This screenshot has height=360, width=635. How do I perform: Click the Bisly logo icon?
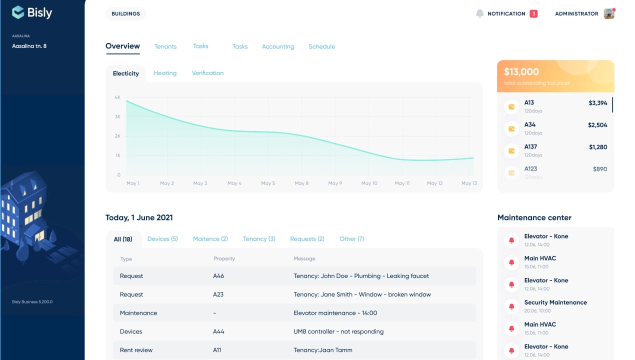click(18, 12)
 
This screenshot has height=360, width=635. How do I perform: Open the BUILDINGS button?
click(125, 13)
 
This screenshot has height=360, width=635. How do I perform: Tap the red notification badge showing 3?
click(533, 13)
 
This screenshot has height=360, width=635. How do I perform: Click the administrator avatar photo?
click(609, 13)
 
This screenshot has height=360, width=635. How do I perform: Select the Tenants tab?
click(165, 46)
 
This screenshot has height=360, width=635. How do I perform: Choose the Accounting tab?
click(278, 46)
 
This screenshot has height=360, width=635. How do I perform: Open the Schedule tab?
click(322, 46)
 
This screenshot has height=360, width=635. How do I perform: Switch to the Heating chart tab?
click(165, 73)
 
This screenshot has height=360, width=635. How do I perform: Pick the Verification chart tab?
click(207, 73)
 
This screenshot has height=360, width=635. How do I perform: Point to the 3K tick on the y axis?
click(117, 117)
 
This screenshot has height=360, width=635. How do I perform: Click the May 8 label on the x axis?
click(301, 183)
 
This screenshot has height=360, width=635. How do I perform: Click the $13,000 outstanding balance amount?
click(521, 71)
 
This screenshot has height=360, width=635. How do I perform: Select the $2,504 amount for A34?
click(597, 125)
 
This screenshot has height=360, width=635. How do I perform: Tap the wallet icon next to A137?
click(511, 151)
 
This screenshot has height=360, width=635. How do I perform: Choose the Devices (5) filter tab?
click(162, 239)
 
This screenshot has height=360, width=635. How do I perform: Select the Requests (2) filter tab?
click(307, 239)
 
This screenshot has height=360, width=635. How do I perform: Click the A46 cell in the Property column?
click(218, 276)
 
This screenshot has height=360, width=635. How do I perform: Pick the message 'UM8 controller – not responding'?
click(338, 331)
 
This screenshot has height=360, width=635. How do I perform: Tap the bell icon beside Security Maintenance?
click(511, 306)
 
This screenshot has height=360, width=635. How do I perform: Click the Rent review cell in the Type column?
click(136, 350)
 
